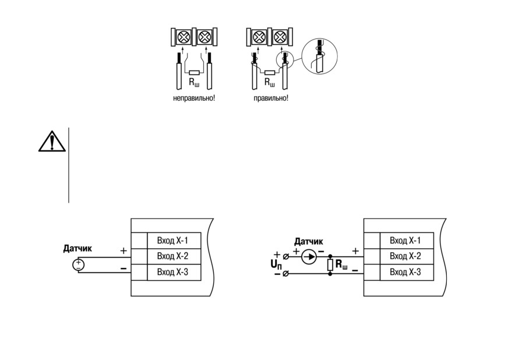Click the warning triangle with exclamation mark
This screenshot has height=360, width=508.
coord(52,142)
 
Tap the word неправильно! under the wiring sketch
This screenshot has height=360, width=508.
coord(194,98)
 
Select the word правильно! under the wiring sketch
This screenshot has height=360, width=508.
coord(271,98)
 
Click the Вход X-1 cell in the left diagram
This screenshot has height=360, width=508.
coord(174,241)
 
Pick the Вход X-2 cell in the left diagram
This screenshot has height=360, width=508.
coord(174,256)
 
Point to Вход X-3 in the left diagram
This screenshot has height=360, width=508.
coord(174,272)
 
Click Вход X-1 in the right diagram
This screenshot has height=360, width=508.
coord(407,241)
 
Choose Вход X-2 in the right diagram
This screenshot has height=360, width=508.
coord(407,256)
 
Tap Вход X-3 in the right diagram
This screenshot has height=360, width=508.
coord(407,272)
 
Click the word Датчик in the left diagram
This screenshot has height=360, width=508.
coord(77,249)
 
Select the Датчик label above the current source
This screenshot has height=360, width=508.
coord(308,241)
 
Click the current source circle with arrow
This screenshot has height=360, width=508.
coord(309,257)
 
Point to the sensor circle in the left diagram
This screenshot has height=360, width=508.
coord(78,265)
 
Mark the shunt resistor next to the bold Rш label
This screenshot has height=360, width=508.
coord(330,265)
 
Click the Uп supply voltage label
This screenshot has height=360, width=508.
coord(276,264)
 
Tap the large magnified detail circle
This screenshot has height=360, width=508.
coord(319,56)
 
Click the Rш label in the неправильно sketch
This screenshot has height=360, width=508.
coord(194,83)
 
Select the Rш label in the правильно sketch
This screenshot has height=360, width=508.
coord(270,83)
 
